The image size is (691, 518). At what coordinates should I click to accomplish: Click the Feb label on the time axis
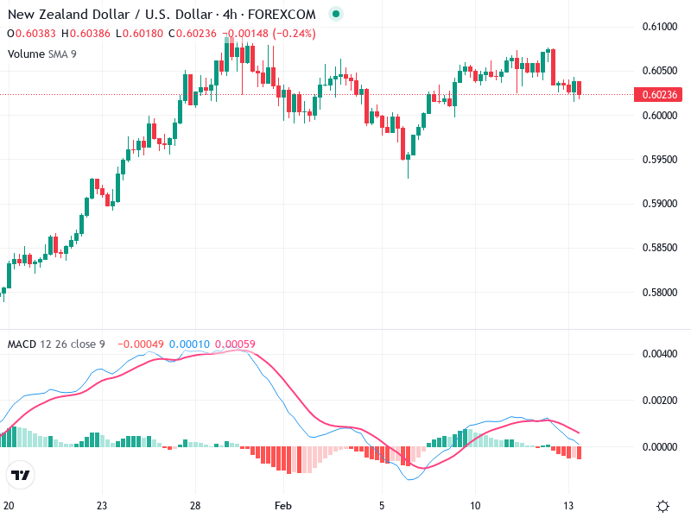(284, 505)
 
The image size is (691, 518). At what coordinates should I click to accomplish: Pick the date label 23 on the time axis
(102, 505)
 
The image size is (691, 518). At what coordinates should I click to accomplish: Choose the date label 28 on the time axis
(196, 505)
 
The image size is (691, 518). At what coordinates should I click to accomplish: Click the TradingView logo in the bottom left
(21, 475)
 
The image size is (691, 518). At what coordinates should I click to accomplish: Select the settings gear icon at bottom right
(662, 506)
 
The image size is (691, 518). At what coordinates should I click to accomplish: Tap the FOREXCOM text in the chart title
(284, 15)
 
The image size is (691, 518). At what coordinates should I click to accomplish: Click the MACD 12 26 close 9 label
(56, 344)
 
